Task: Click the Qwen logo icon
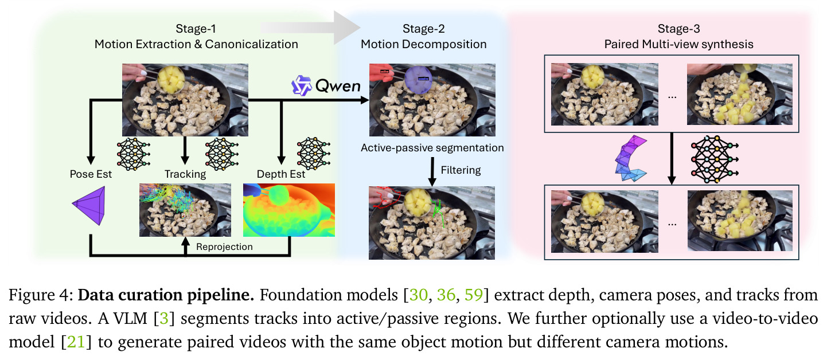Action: pyautogui.click(x=301, y=85)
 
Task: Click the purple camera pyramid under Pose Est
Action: pyautogui.click(x=89, y=205)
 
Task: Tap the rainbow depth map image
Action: pyautogui.click(x=288, y=210)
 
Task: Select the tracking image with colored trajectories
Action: pyautogui.click(x=185, y=210)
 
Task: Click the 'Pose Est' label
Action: pyautogui.click(x=91, y=174)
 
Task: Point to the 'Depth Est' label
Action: pyautogui.click(x=280, y=174)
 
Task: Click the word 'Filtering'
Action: pyautogui.click(x=461, y=170)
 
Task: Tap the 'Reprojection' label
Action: pyautogui.click(x=224, y=246)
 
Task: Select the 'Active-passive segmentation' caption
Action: pyautogui.click(x=432, y=148)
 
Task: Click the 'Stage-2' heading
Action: pyautogui.click(x=423, y=29)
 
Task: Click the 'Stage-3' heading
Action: pyautogui.click(x=678, y=29)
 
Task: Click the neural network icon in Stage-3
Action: pyautogui.click(x=714, y=159)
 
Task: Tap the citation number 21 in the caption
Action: pyautogui.click(x=76, y=342)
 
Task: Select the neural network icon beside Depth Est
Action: pyautogui.click(x=313, y=154)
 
